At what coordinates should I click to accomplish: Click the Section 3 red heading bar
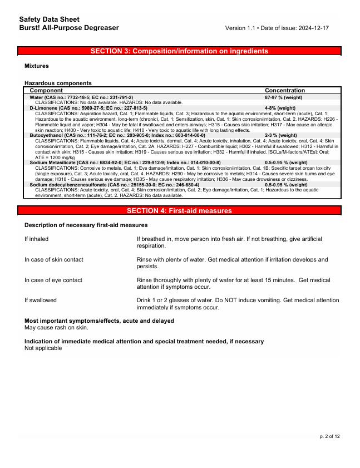click(x=179, y=51)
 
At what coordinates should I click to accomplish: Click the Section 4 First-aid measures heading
click(x=179, y=211)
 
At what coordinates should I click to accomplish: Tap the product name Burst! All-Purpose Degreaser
click(x=68, y=28)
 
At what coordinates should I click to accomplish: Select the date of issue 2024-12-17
click(x=312, y=28)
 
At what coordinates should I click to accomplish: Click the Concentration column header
click(x=284, y=90)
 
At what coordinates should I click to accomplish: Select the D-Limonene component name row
click(x=88, y=108)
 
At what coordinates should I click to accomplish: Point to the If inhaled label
click(x=36, y=239)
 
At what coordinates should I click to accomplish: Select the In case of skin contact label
click(x=54, y=260)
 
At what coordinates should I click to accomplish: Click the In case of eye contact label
click(x=53, y=280)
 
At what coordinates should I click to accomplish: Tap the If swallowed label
click(x=41, y=300)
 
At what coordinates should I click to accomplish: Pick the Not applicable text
click(x=43, y=348)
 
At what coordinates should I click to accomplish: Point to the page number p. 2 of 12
click(x=329, y=436)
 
